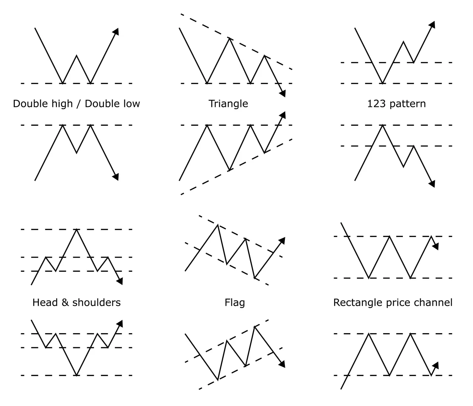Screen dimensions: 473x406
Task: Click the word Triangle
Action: coord(228,104)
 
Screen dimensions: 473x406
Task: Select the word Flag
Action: coord(235,302)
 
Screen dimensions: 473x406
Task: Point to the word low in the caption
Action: coord(132,104)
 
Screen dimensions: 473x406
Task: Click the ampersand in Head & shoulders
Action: coord(65,302)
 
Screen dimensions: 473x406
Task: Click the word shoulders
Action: coord(96,302)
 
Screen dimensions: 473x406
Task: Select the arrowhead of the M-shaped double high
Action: coord(116,177)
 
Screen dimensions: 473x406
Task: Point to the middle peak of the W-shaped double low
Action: coord(76,55)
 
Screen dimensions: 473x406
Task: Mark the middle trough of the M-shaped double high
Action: coord(76,153)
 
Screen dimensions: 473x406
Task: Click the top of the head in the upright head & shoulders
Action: coord(76,229)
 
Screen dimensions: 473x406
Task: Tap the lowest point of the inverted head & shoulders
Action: coord(76,375)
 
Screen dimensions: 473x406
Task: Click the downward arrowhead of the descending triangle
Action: coord(283,94)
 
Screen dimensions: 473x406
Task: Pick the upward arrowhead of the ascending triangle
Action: coord(283,115)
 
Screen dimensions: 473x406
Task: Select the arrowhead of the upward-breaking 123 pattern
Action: coord(432,24)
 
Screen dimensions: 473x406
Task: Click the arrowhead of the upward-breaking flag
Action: coord(282,241)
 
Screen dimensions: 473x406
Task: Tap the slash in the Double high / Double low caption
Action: coord(78,104)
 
